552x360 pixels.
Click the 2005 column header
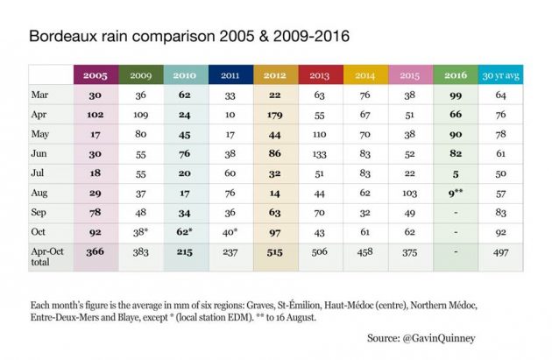96,75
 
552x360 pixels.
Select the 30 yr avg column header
500,75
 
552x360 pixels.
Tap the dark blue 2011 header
230,75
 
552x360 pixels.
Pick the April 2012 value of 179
275,115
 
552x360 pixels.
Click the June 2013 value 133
320,154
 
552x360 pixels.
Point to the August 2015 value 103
410,194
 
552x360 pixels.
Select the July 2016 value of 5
456,173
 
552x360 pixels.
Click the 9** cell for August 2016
456,193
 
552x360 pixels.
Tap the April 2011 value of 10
230,115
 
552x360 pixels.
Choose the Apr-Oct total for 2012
274,252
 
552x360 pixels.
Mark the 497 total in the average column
500,252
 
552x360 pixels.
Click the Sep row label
39,213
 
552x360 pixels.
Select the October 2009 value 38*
141,232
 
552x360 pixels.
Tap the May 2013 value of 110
320,134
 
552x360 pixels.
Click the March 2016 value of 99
456,95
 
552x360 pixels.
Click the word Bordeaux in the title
63,36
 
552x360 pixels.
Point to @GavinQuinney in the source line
439,338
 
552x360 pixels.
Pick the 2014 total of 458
364,252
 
